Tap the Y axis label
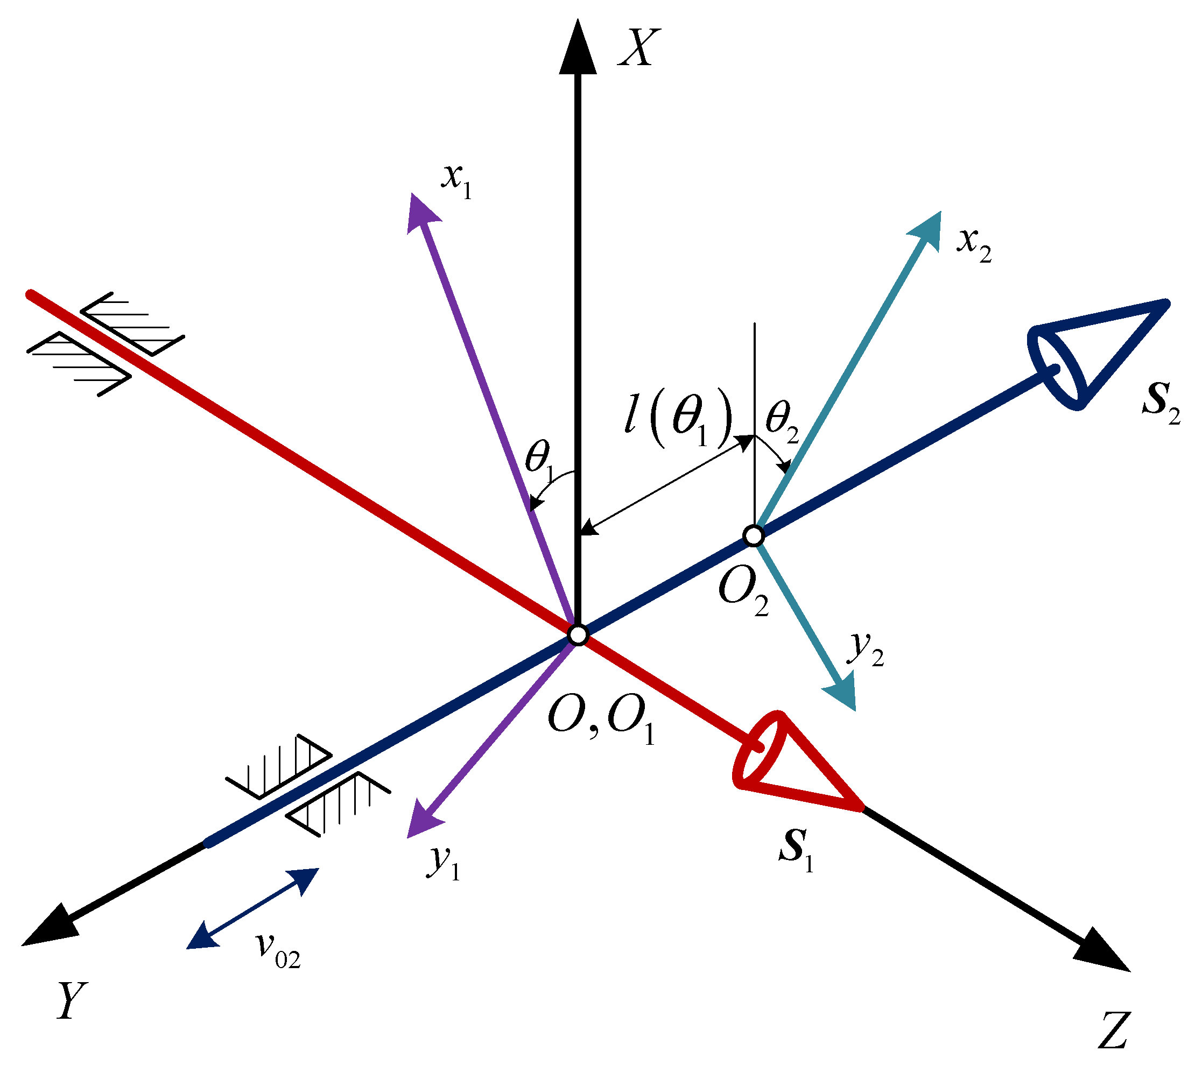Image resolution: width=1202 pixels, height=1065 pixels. [72, 999]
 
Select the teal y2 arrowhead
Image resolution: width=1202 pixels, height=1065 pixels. [841, 694]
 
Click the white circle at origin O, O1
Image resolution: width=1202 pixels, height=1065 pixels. [578, 635]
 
